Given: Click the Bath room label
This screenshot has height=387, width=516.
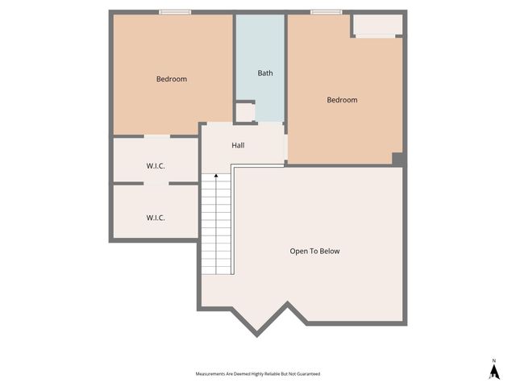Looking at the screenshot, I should [x=265, y=73].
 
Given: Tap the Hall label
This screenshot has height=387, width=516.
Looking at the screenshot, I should [x=238, y=145].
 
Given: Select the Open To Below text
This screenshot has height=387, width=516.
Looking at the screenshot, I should [x=314, y=251].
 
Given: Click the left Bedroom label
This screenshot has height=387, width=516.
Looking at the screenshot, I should [x=172, y=79].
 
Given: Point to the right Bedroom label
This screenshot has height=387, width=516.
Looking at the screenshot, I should [x=342, y=100].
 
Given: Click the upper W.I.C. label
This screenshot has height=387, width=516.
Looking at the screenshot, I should [x=156, y=166].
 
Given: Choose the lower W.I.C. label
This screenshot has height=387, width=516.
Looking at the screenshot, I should [x=156, y=217].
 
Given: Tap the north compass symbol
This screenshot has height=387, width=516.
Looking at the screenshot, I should [x=493, y=371].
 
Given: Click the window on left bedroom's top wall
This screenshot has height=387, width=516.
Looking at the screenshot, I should [x=175, y=12].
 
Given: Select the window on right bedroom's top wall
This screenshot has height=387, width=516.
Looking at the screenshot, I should [x=326, y=12].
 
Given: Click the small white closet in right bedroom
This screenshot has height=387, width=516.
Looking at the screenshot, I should [x=377, y=27].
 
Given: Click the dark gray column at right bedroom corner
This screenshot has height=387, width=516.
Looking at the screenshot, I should [x=397, y=159].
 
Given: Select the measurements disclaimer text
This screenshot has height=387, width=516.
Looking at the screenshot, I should [x=258, y=374].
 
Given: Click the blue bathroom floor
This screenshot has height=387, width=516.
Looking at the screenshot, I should [x=260, y=48].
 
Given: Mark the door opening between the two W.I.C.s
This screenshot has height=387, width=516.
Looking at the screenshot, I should [x=156, y=184].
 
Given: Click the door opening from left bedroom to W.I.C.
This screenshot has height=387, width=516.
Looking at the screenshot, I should [x=156, y=136].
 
